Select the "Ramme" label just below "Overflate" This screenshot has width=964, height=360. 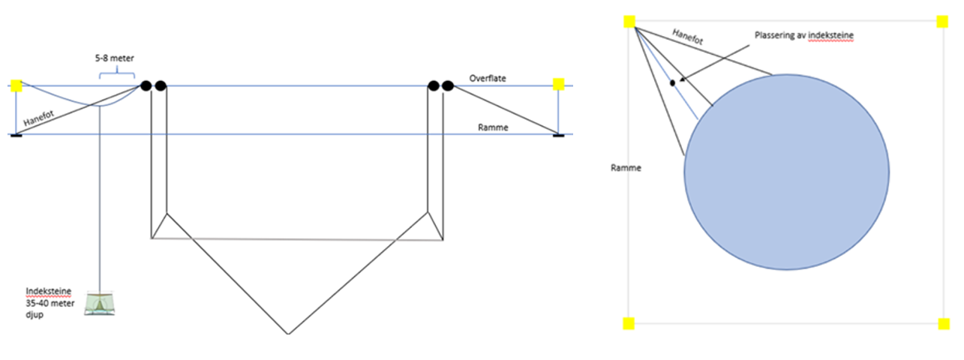(x=493, y=127)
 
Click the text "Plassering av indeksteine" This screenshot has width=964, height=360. (x=804, y=35)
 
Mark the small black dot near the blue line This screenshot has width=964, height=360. (x=672, y=82)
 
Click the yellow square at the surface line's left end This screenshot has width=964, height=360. (x=17, y=85)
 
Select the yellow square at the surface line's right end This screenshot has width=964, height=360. (x=558, y=84)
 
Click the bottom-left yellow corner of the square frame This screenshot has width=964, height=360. (x=629, y=323)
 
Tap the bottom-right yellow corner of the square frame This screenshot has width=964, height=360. (x=944, y=323)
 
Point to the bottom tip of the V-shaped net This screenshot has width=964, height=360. (x=288, y=333)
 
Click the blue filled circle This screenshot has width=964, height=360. (x=786, y=172)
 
